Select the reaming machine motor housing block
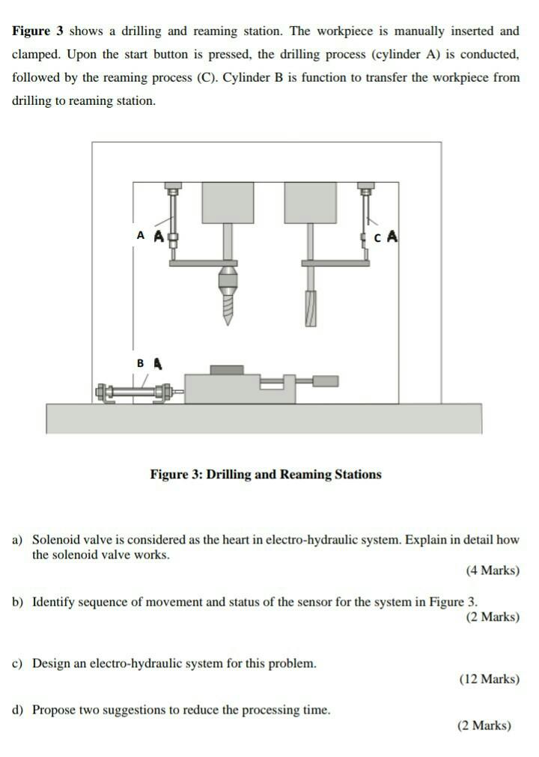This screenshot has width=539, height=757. [x=310, y=202]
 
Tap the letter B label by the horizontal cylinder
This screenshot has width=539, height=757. [x=140, y=363]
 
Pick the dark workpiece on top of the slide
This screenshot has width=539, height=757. [x=227, y=369]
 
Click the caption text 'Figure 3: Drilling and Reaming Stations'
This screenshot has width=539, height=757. [x=266, y=475]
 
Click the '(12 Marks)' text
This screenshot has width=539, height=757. [x=489, y=679]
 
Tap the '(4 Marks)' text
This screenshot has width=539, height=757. [x=492, y=571]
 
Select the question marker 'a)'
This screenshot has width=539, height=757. [x=18, y=540]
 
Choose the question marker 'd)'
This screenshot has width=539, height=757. [x=18, y=710]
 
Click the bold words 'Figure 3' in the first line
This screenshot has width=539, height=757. [x=38, y=31]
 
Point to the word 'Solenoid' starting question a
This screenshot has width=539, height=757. [x=55, y=540]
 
